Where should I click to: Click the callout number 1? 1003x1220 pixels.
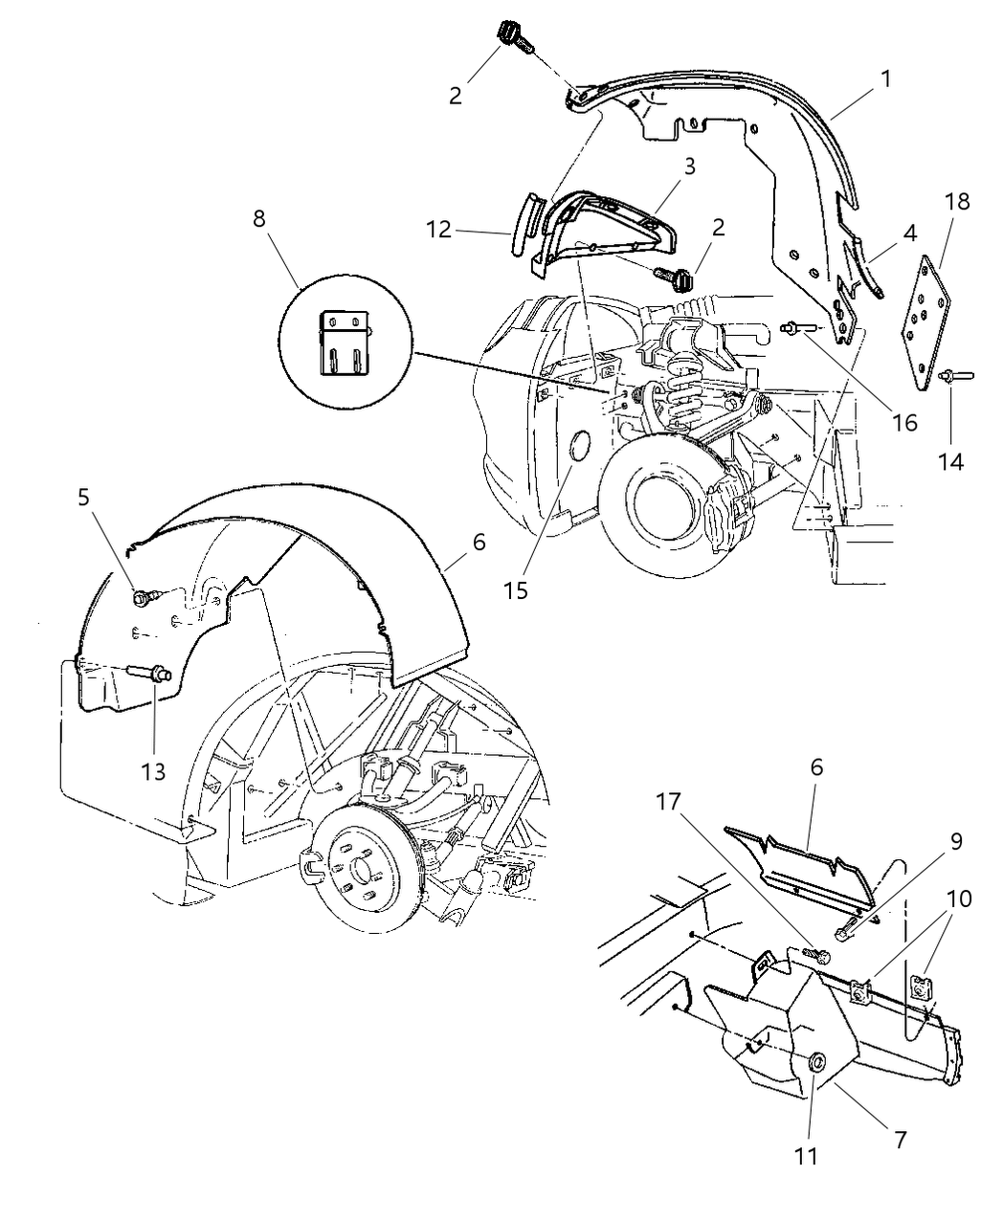(886, 78)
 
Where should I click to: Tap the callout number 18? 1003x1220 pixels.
(956, 202)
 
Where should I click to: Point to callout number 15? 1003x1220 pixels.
(516, 591)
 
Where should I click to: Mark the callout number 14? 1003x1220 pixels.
(950, 461)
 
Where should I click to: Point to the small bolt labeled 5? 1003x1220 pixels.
(142, 597)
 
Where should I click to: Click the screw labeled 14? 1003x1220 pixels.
(954, 376)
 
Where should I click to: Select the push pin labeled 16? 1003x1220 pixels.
(797, 328)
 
